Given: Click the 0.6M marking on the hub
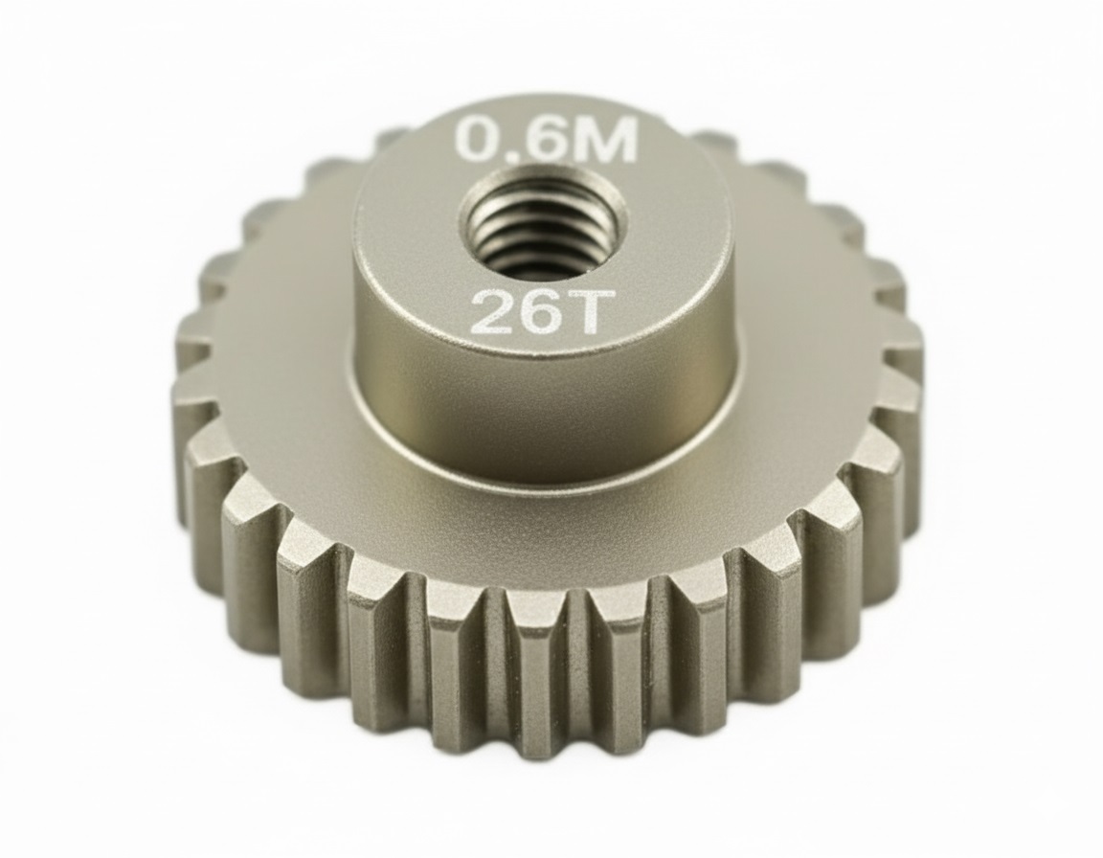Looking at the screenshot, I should [x=547, y=140].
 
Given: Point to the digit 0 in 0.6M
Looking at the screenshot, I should [x=476, y=140].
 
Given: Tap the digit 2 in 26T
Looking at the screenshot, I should [x=489, y=312].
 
